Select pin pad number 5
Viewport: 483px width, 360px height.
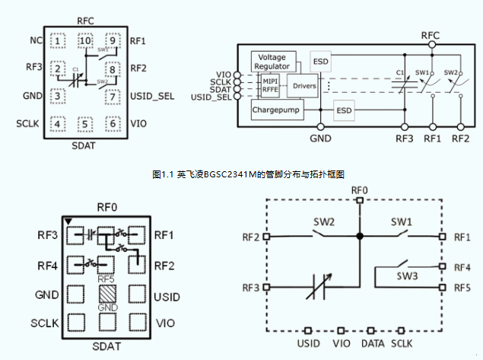[x=84, y=124]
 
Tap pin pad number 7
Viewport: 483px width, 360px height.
[x=113, y=97]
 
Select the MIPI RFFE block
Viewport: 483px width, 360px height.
[x=271, y=86]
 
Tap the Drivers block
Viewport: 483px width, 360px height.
[x=304, y=86]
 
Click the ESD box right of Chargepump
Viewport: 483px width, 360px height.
[x=345, y=111]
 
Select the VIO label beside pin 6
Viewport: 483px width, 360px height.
[x=138, y=123]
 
